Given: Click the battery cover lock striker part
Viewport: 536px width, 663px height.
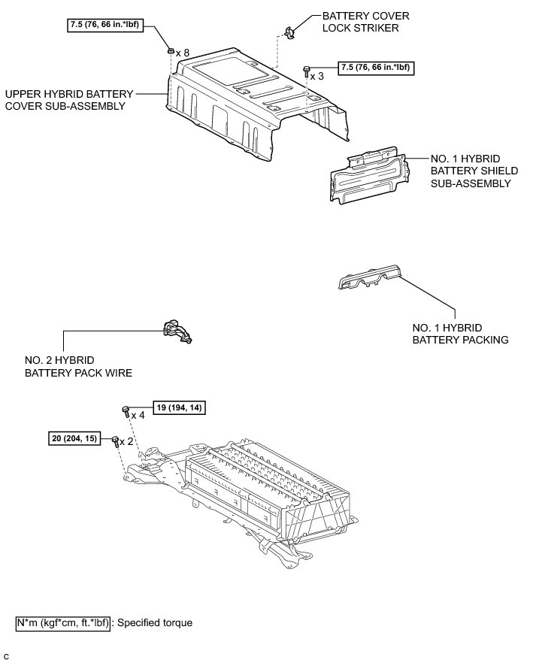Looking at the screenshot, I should click(289, 31).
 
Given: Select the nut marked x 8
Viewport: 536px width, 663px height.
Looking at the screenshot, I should click(171, 51).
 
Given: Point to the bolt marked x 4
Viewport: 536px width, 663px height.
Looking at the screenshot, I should click(126, 410).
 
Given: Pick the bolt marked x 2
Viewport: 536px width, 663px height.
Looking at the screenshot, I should click(116, 440).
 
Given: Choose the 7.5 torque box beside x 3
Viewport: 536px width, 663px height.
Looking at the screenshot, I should click(376, 68).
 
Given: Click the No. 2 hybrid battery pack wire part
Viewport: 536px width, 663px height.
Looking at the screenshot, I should click(176, 331).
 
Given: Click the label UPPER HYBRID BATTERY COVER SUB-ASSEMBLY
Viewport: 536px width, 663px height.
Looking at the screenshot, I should click(66, 100).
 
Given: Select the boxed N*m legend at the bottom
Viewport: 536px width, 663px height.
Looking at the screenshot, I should click(63, 622).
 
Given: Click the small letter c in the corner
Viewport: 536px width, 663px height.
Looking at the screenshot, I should click(6, 656).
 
